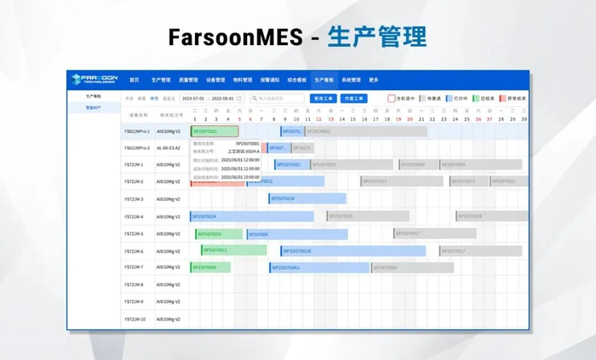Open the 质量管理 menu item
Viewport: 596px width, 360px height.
187,79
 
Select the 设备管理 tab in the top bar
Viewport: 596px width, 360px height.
215,79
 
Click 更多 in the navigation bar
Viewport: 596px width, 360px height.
374,79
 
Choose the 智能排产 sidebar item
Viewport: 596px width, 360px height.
94,108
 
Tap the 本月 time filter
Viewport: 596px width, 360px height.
154,99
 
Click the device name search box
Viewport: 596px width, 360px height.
280,99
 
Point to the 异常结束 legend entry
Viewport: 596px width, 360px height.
513,99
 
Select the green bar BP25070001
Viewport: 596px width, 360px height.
214,131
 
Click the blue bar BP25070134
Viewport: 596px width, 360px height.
307,198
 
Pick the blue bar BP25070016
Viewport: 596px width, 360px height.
352,250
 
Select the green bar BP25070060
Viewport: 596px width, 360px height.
214,267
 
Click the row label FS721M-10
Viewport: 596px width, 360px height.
135,319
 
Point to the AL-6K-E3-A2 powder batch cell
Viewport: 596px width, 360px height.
169,147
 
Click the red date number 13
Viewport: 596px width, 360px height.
329,118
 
